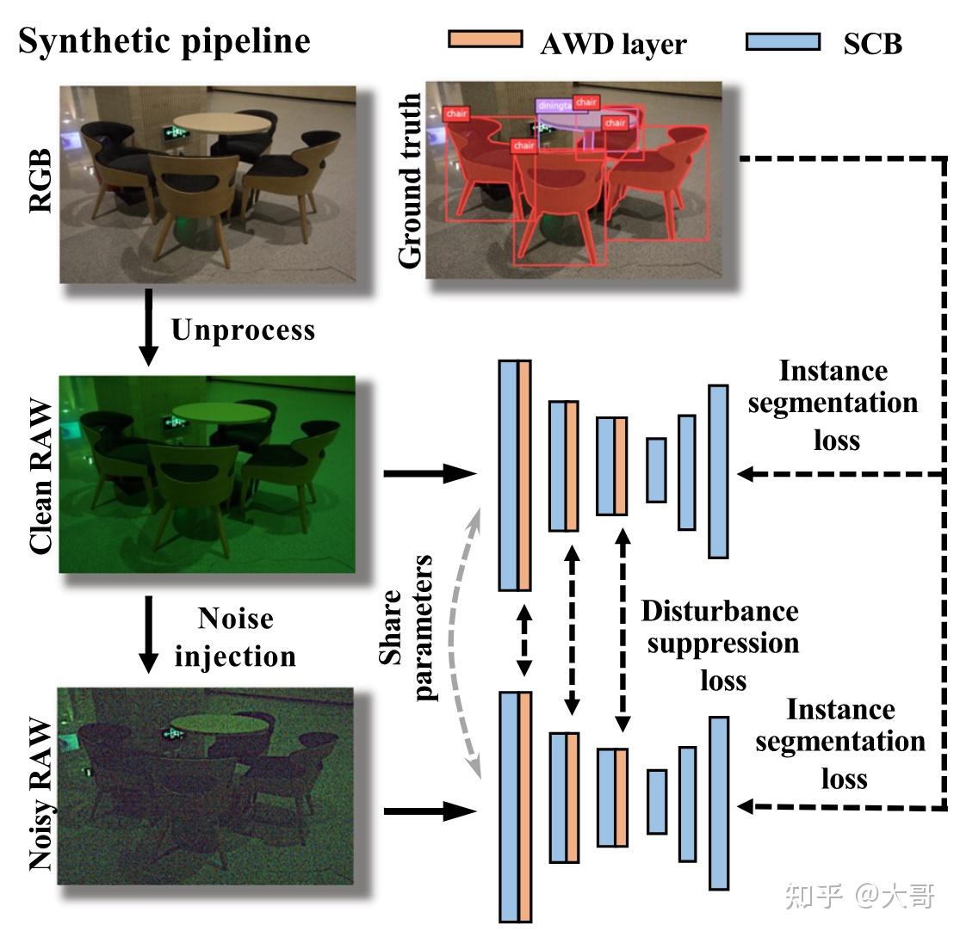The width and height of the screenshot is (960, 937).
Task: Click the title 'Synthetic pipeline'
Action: click(164, 40)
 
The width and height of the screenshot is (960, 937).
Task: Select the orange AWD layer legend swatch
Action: click(485, 39)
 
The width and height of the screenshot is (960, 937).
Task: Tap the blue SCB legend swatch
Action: click(783, 40)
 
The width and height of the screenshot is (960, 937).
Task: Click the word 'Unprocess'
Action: click(243, 330)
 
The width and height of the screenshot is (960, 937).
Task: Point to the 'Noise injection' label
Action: click(235, 638)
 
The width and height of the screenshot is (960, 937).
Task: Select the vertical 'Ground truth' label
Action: click(411, 182)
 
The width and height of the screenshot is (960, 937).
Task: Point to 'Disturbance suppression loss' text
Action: click(721, 645)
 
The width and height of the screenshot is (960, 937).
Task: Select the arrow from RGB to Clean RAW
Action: click(149, 326)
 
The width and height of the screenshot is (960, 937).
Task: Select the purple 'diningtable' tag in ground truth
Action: click(554, 105)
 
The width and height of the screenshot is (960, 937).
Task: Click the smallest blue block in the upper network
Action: click(656, 470)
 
